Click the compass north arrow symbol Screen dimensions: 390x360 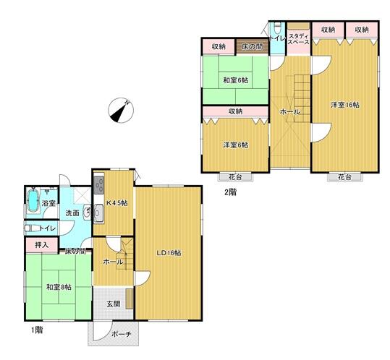coord(121,111)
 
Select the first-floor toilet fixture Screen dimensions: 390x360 coord(31,228)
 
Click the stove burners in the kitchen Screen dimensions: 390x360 coord(99,185)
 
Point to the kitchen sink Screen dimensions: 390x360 coord(98,213)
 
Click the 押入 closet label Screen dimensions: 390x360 coord(42,245)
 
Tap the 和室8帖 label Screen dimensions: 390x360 coord(59,287)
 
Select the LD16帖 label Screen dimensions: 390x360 coord(169,253)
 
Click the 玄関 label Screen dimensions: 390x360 coord(114,304)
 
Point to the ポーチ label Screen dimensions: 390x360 coord(121,334)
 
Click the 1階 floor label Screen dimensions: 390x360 coord(37,330)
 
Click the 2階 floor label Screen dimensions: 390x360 coord(230,192)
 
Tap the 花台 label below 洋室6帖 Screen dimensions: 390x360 coord(235,177)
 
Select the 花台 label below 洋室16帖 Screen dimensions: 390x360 coord(344,177)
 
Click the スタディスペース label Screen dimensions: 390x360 coord(298,39)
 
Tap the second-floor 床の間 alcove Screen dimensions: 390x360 coord(253,46)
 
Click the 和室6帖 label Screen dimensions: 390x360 coord(236,80)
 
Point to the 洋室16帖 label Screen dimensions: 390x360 coord(345,105)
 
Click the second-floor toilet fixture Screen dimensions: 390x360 coord(276,27)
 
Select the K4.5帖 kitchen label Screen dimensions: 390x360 coord(117,203)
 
